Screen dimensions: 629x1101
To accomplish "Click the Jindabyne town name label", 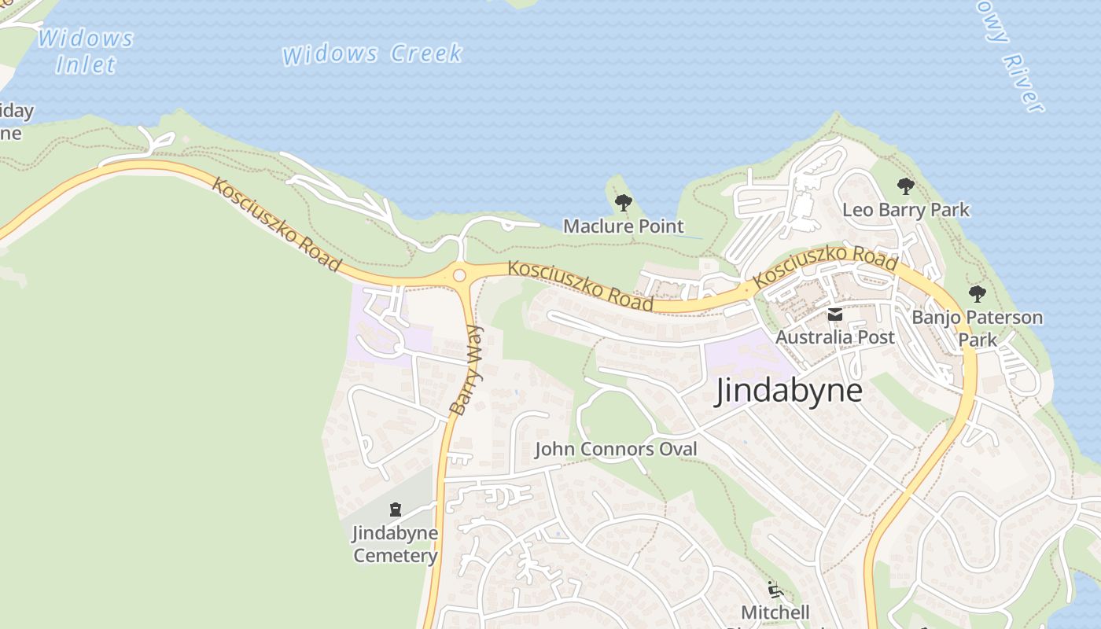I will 788,391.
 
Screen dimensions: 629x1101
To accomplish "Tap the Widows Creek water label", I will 372,54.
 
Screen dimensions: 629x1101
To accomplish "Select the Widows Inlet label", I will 86,51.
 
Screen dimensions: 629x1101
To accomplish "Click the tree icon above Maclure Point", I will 623,203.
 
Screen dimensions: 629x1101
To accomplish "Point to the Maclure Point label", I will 623,226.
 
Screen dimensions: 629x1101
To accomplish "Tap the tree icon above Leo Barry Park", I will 905,186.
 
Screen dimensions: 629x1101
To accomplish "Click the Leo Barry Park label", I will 906,210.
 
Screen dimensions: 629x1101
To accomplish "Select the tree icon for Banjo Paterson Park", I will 977,294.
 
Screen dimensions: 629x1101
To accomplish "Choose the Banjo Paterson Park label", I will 978,329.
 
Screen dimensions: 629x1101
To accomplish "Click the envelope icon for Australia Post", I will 834,315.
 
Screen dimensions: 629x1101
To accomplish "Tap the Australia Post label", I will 834,337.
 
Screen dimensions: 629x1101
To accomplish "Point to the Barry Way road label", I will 466,370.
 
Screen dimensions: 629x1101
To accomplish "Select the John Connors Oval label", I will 616,449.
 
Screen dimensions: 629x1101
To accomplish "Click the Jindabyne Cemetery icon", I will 395,509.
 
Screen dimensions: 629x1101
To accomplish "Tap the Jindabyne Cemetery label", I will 395,544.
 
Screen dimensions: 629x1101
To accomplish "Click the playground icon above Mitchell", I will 775,589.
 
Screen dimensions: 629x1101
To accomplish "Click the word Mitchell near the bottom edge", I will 775,612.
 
